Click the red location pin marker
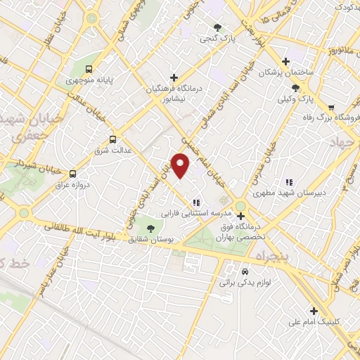181,165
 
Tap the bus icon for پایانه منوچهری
89,69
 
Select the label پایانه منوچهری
70,81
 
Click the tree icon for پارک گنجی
218,28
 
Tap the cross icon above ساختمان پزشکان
285,61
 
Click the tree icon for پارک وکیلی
296,88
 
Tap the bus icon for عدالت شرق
112,139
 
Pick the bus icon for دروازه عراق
72,173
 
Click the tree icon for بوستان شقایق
150,226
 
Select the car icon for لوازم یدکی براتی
244,271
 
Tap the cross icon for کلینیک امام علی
314,311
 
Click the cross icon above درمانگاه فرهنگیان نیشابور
174,77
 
